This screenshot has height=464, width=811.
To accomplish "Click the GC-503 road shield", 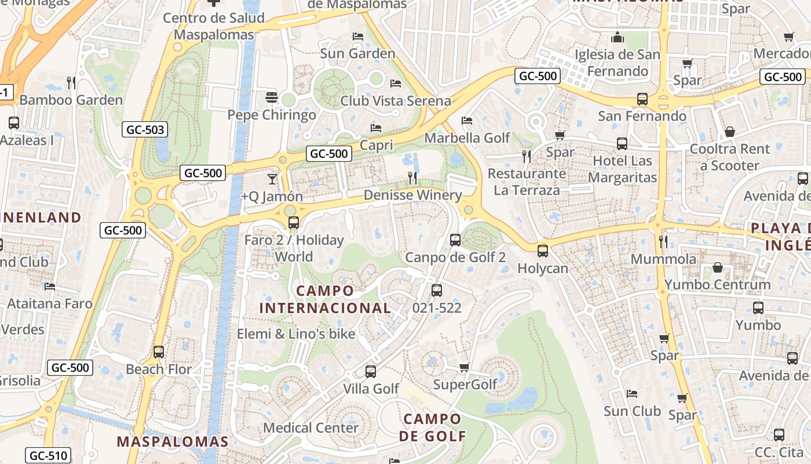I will (145, 130).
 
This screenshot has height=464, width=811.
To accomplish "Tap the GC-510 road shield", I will (48, 456).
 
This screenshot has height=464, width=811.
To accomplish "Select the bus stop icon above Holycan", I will (542, 251).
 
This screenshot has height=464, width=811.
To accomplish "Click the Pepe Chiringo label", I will (272, 115).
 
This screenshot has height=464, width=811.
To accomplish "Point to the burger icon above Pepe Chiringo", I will (272, 97).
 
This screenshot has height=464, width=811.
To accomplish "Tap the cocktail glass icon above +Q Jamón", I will (272, 179).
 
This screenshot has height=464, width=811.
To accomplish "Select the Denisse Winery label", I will (412, 195).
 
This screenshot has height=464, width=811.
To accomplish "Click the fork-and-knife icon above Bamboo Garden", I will (71, 82).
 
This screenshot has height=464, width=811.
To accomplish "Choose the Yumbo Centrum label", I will (717, 285).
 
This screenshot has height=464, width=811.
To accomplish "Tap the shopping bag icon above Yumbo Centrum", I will (718, 267).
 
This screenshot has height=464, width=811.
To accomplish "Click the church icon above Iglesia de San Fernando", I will (618, 38).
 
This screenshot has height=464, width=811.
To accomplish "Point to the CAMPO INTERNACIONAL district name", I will (325, 299).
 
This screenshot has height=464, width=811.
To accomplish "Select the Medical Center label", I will (311, 428).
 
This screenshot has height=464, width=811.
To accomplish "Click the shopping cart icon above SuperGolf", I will (464, 367).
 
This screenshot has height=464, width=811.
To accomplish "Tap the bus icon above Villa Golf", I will (371, 371).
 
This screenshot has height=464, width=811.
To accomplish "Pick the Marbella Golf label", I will (467, 138).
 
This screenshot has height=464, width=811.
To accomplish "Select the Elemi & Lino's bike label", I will (296, 334).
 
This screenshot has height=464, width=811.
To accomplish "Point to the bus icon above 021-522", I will (437, 291).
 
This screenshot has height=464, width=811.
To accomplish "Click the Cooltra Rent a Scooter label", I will (729, 157).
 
